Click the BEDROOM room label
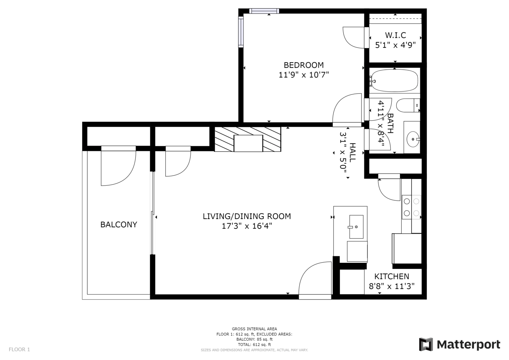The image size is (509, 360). (304, 65)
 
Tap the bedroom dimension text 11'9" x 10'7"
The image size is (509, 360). (304, 75)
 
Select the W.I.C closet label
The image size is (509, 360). (395, 35)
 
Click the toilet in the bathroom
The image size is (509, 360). (408, 105)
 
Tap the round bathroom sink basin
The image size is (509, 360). (413, 139)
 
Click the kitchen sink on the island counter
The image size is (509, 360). (356, 227)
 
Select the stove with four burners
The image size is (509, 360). (412, 207)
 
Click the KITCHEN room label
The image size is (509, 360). (392, 276)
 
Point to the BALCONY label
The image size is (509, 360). (119, 224)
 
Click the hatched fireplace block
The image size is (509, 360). (248, 139)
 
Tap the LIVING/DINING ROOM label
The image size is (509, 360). (247, 216)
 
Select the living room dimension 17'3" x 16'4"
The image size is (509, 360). (247, 226)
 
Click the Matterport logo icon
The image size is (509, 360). (426, 344)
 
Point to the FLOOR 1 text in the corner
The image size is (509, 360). (19, 349)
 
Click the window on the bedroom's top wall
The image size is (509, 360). (264, 11)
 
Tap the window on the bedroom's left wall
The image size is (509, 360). (241, 32)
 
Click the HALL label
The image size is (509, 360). (352, 152)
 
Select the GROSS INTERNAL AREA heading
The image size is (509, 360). (254, 329)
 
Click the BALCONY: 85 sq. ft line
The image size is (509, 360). (254, 339)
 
